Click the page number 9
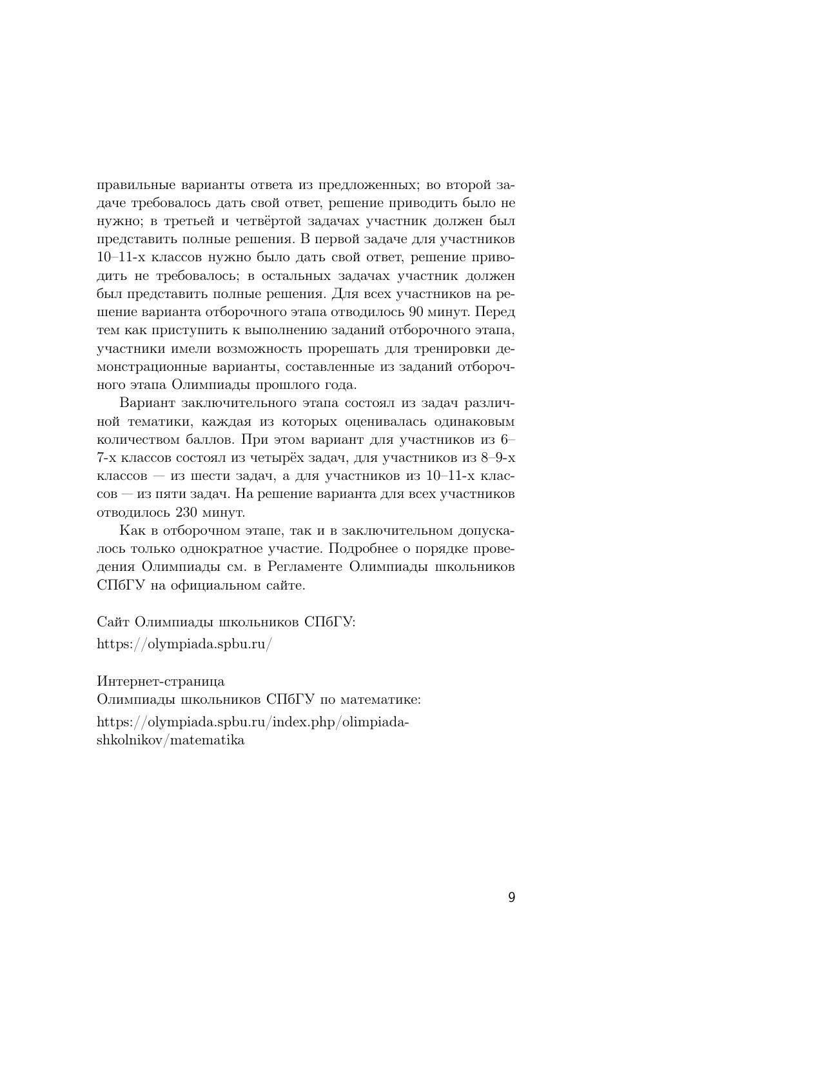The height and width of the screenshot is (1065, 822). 511,897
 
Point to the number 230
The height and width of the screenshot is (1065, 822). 186,513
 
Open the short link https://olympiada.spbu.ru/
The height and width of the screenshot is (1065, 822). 184,644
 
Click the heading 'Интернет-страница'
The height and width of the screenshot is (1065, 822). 161,681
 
